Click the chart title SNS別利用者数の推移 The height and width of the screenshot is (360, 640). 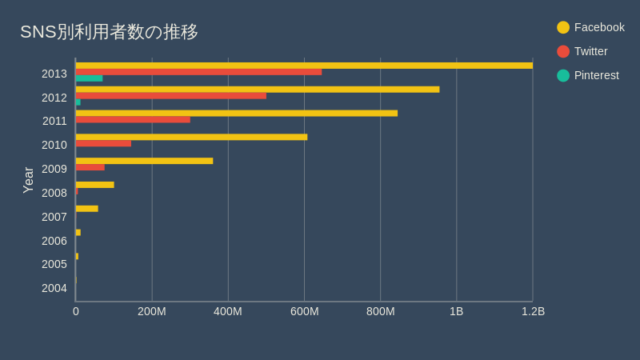tap(109, 32)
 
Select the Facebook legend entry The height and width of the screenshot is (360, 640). tap(590, 27)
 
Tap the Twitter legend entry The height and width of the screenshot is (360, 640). tap(582, 51)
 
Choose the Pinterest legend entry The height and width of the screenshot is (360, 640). tap(588, 75)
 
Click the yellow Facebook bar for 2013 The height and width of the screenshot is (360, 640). tap(304, 66)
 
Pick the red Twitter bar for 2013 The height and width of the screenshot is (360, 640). tap(198, 72)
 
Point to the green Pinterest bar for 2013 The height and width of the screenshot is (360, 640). tap(89, 78)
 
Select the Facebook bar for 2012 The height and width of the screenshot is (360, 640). tap(258, 90)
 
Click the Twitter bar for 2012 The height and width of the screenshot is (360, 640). tap(171, 96)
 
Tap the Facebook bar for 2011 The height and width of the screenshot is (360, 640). tap(237, 114)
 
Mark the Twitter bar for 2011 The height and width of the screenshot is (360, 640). tap(133, 120)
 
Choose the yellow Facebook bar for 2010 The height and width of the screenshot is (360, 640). tap(191, 137)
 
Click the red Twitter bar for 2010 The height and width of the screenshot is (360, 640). tap(103, 144)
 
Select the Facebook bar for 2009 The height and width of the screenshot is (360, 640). tap(144, 161)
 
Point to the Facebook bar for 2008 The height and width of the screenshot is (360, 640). tap(94, 185)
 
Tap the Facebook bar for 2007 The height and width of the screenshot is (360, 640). tap(86, 209)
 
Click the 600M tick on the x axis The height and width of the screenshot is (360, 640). tap(304, 311)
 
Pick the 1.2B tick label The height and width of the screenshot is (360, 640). tap(533, 311)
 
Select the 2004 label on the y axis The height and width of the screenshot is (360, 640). tap(54, 288)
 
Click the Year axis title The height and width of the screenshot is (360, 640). tap(29, 180)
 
